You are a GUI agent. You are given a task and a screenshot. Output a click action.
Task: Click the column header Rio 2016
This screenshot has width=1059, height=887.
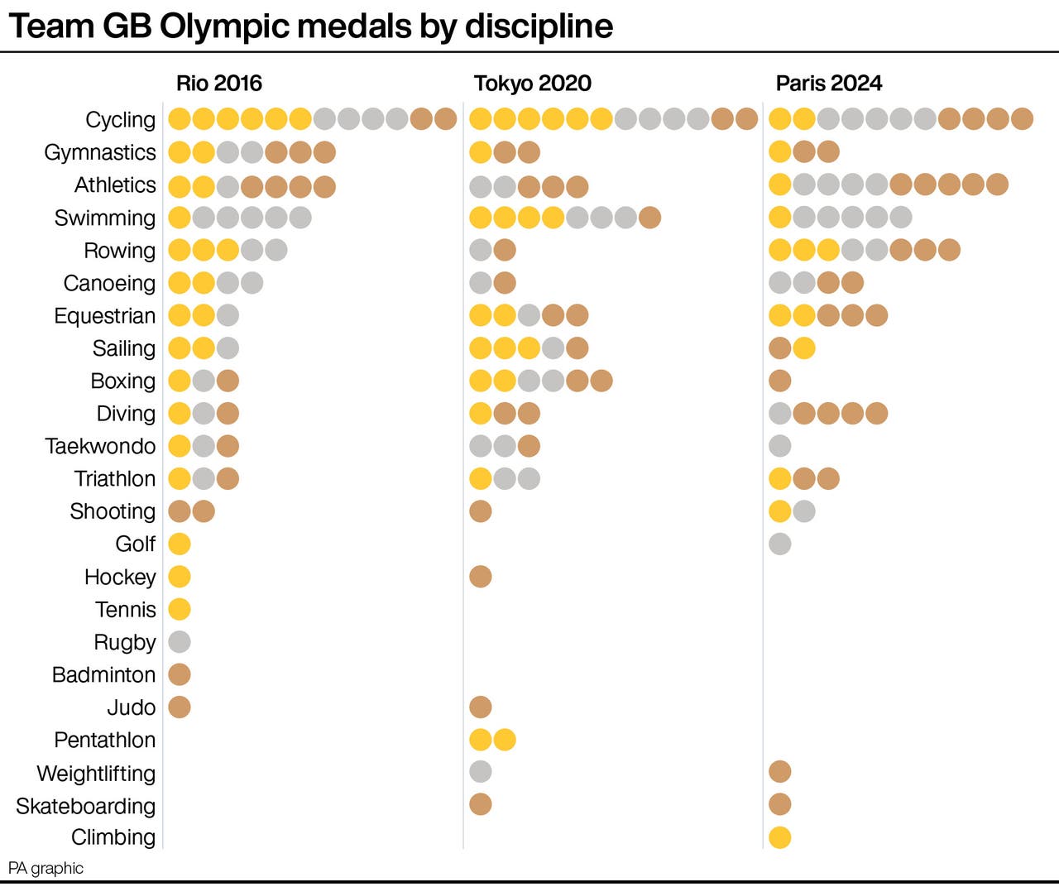(x=218, y=84)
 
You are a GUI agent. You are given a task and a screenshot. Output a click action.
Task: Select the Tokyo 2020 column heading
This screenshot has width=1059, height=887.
(x=532, y=84)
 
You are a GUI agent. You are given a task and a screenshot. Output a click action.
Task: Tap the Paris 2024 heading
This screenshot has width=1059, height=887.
(x=828, y=84)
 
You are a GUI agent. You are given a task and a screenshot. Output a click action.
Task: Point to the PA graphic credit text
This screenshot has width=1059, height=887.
(x=46, y=868)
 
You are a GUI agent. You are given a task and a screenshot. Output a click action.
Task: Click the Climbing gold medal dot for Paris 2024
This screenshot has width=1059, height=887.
(x=779, y=837)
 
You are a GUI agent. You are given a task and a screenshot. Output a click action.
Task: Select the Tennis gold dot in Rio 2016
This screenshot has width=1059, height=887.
(x=180, y=609)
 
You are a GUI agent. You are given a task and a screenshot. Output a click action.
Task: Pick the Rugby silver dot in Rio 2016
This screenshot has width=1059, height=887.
(x=180, y=641)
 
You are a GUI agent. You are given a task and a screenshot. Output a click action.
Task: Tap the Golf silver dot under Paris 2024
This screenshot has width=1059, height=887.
(x=779, y=544)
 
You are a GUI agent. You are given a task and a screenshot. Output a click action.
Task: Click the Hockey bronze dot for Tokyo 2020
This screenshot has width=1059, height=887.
(x=481, y=576)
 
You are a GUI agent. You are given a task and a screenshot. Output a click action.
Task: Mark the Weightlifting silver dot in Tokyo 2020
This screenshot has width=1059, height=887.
(x=481, y=772)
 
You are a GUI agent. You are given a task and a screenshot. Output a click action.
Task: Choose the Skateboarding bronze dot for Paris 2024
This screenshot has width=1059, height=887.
(x=779, y=804)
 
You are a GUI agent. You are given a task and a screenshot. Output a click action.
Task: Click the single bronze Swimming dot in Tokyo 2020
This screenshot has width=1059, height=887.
(x=649, y=218)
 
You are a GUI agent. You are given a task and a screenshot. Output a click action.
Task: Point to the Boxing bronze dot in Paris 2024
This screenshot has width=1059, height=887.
(x=779, y=381)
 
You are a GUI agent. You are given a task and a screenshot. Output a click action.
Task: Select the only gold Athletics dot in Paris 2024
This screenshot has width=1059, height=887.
(x=779, y=185)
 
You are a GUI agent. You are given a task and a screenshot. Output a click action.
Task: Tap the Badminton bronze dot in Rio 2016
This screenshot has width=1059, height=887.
(x=180, y=674)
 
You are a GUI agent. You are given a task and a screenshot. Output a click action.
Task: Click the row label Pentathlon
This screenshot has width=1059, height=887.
(x=104, y=740)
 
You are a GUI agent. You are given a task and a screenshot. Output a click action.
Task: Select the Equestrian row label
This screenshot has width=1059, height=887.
(x=104, y=316)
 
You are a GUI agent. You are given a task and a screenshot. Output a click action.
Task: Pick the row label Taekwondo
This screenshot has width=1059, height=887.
(x=100, y=446)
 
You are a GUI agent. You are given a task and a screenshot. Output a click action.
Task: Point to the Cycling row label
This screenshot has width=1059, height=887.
(x=120, y=120)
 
